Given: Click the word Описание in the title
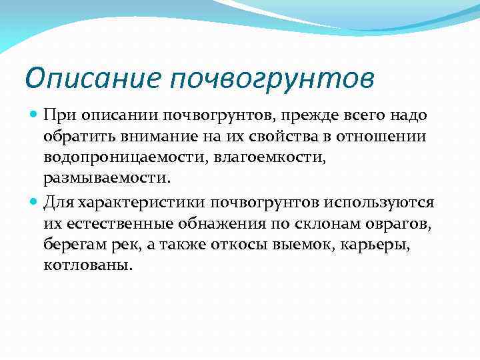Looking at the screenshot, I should pos(92,79).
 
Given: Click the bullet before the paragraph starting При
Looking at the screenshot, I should pos(34,115).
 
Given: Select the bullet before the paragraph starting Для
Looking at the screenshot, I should pos(34,201).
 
